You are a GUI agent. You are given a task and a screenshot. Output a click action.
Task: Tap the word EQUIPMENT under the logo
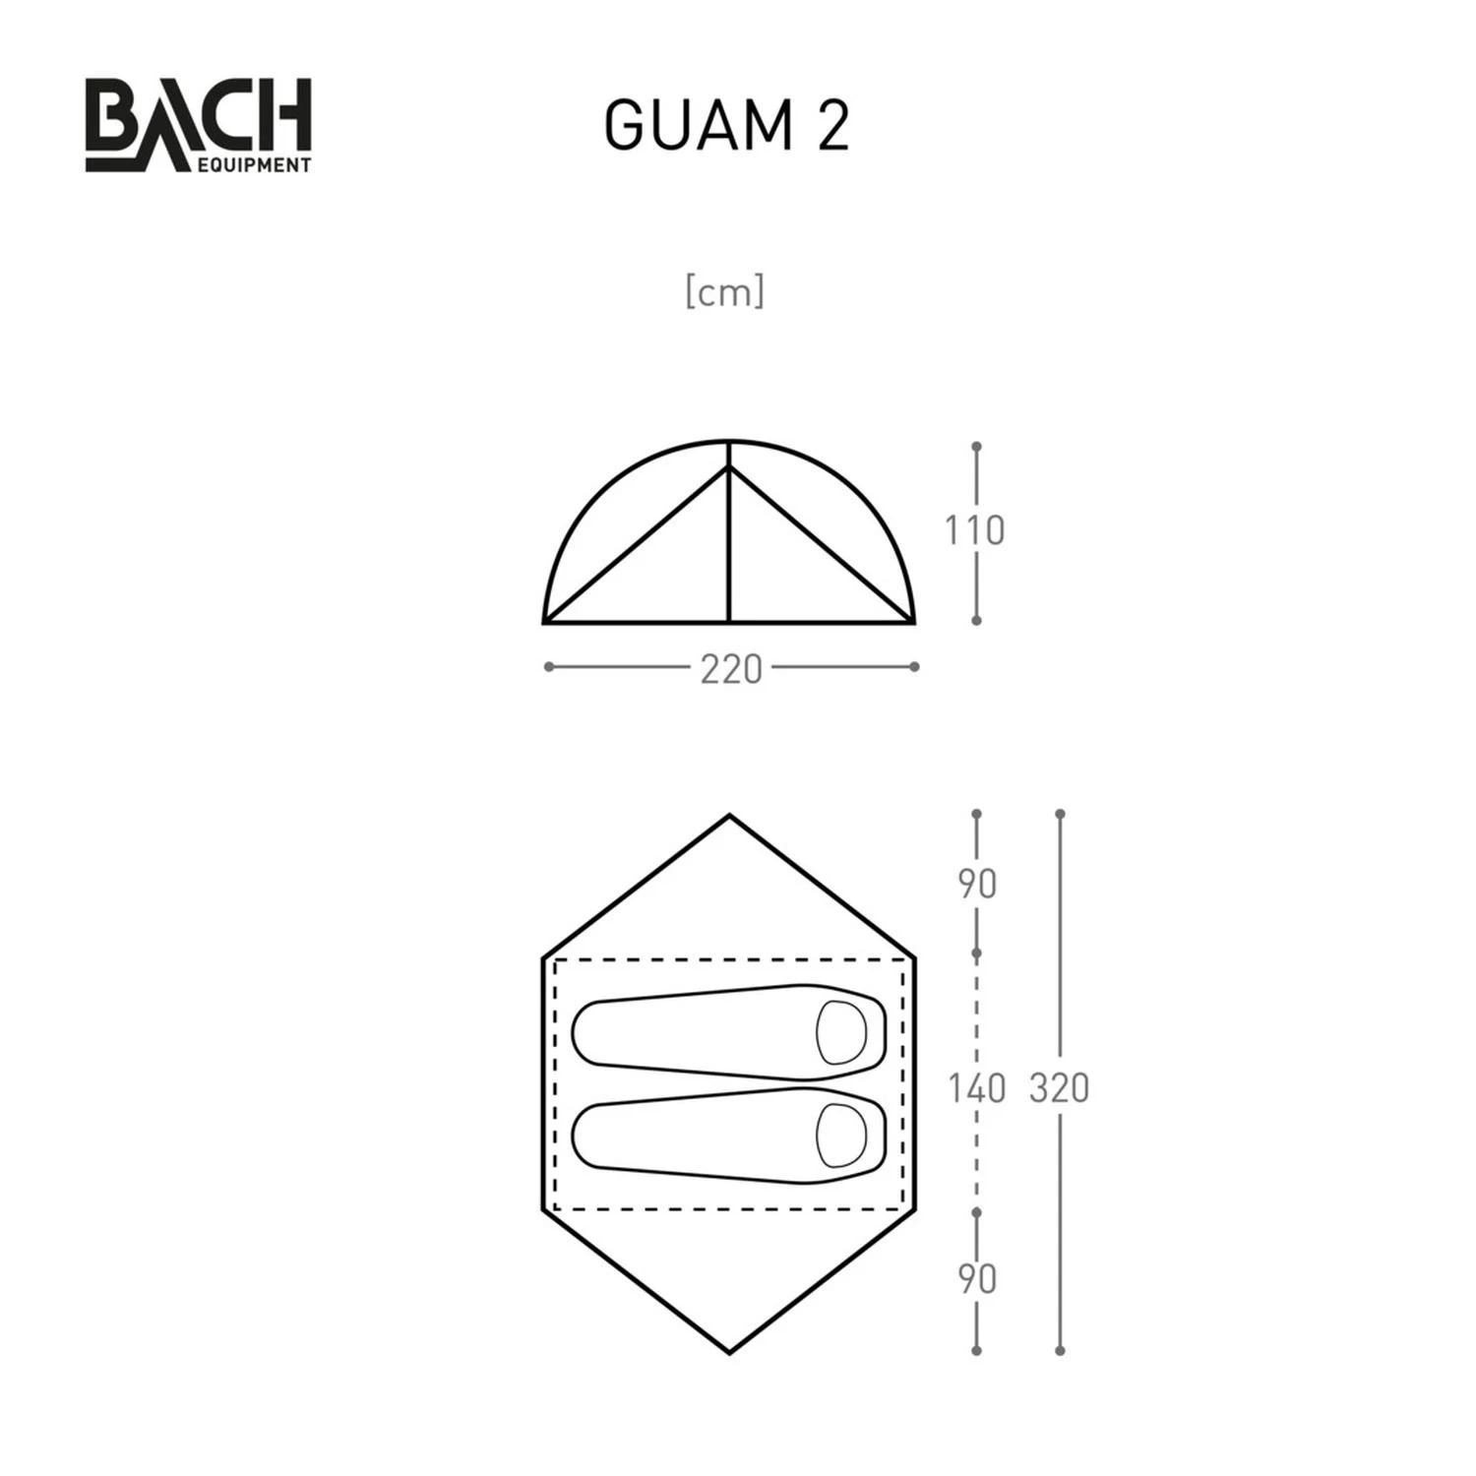click(x=254, y=165)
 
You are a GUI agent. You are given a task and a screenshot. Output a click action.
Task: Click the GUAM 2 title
click(x=726, y=126)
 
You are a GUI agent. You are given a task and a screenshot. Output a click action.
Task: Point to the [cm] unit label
click(x=725, y=292)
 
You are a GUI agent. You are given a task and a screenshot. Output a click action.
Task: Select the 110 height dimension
click(x=974, y=531)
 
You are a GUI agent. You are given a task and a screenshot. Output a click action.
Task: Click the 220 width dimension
click(x=731, y=670)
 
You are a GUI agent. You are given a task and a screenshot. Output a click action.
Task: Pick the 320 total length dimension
click(x=1059, y=1088)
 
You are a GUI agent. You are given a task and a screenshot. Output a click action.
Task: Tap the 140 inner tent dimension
click(x=976, y=1088)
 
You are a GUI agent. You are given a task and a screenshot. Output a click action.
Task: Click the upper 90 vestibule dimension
click(x=977, y=885)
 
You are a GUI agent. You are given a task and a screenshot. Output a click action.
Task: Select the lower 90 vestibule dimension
click(x=977, y=1279)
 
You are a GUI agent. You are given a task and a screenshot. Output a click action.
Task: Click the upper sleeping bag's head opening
click(x=841, y=1032)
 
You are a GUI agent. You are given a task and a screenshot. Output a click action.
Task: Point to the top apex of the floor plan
click(x=729, y=816)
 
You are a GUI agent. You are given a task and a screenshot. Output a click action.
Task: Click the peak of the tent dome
click(x=729, y=442)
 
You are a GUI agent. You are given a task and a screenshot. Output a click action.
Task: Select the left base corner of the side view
click(x=545, y=622)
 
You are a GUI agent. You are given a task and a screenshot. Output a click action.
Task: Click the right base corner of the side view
click(x=913, y=622)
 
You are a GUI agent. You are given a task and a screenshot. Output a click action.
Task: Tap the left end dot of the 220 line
click(x=548, y=667)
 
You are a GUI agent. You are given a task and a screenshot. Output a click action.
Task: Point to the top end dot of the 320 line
click(x=1060, y=815)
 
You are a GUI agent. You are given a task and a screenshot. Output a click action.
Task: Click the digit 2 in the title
click(x=832, y=126)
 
